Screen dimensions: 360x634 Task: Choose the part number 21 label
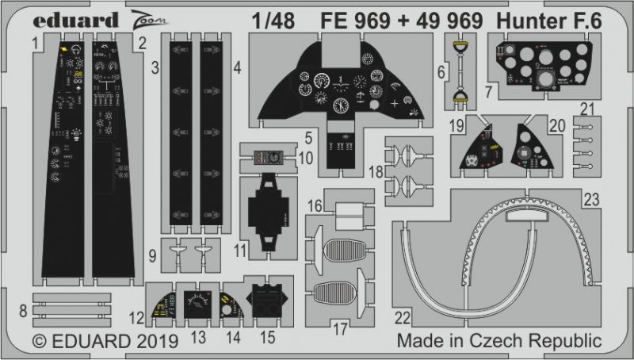click(607, 109)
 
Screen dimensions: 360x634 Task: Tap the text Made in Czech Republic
click(498, 342)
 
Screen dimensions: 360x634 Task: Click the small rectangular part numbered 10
click(268, 157)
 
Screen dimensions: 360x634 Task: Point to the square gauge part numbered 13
click(198, 305)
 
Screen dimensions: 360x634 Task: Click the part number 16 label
click(315, 205)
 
